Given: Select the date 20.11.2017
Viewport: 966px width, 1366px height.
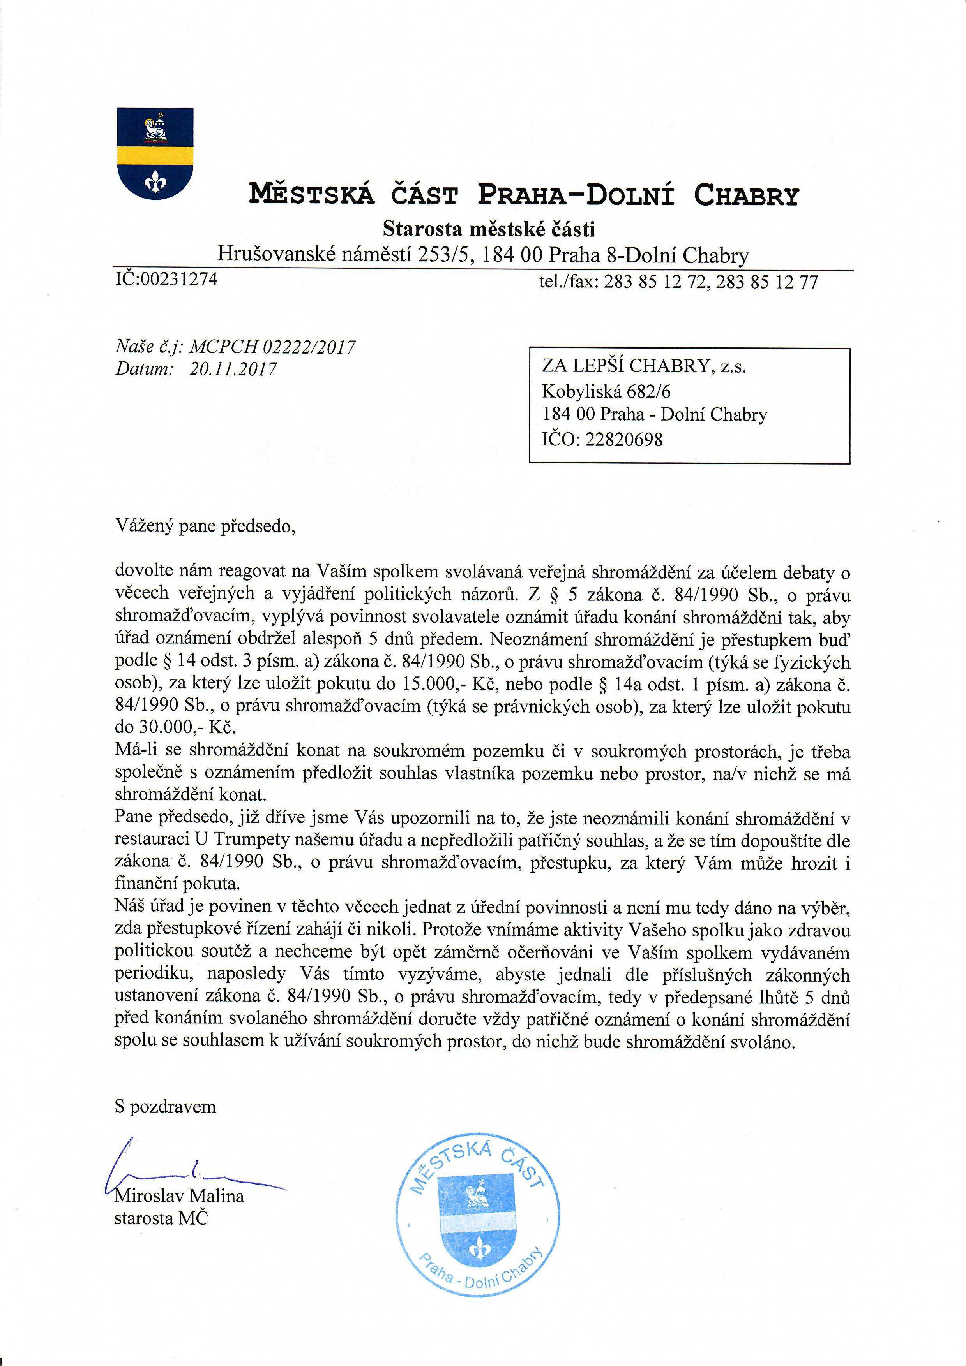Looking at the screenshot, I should pos(233,370).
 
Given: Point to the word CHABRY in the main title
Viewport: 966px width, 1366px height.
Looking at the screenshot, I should pos(746,195).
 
